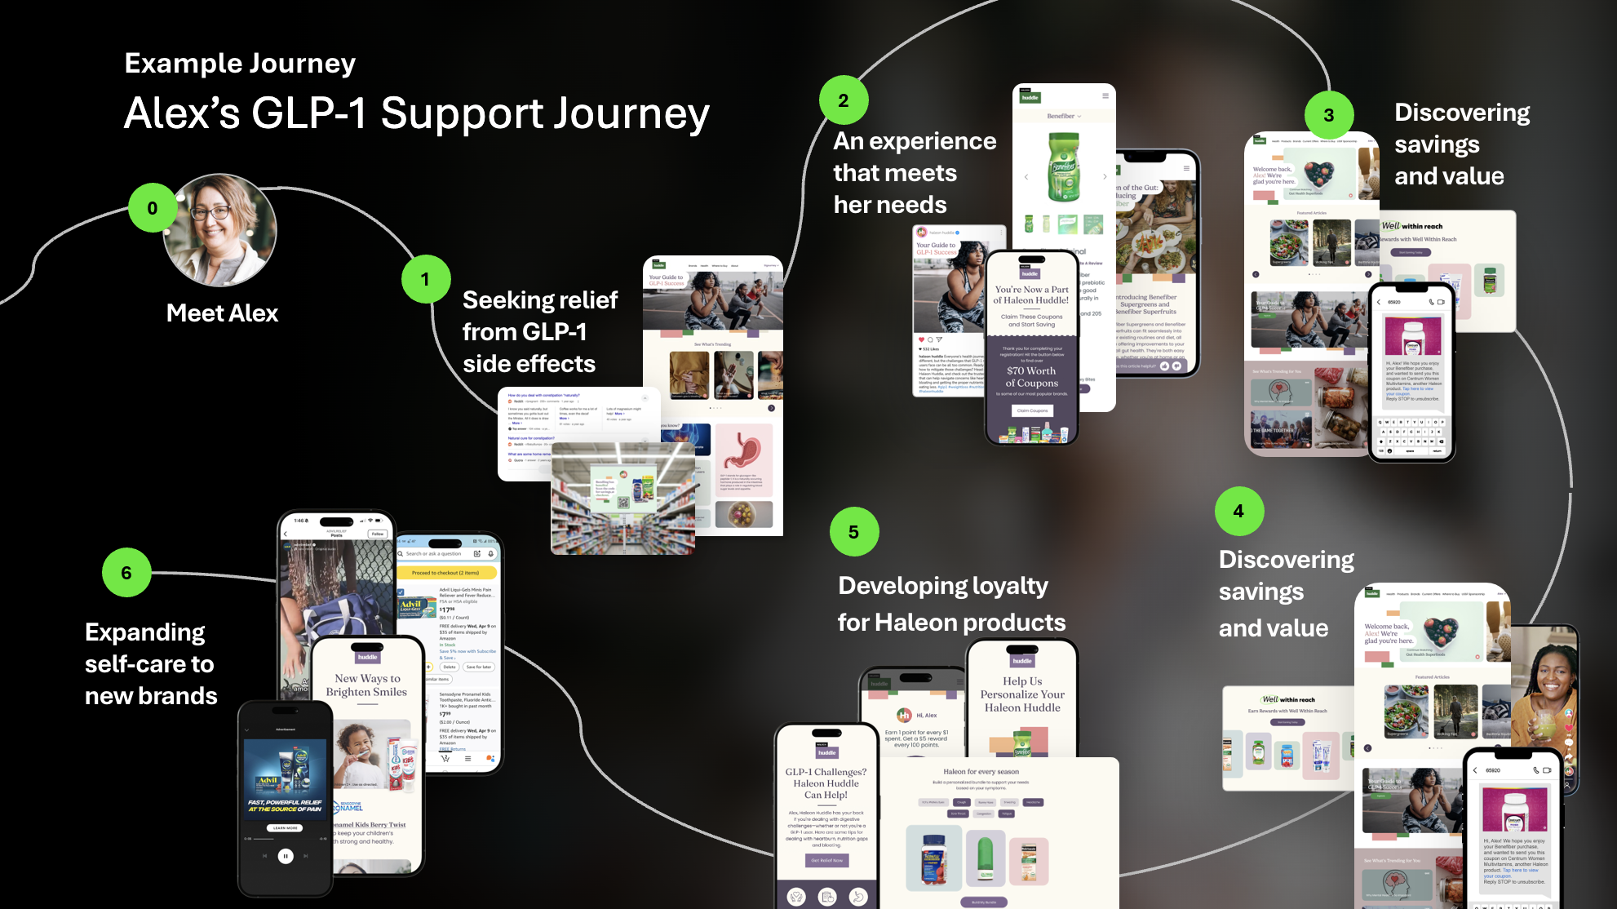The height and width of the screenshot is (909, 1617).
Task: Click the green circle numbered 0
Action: coord(153,208)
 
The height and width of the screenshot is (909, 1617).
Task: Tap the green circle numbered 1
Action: coord(425,279)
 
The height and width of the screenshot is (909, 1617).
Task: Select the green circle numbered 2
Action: coord(844,100)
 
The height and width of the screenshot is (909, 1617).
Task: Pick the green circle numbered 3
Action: coord(1329,115)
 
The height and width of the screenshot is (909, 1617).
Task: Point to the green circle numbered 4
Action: coord(1238,512)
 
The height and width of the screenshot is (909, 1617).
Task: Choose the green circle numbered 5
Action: coord(853,532)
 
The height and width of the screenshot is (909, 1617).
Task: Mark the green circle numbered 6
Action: coord(126,573)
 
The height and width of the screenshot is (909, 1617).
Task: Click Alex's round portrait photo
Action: coord(221,230)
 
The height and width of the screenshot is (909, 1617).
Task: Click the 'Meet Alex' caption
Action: coord(222,313)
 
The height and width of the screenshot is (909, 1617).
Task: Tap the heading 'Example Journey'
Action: coord(240,64)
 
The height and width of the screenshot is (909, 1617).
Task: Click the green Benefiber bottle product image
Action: coord(1063,166)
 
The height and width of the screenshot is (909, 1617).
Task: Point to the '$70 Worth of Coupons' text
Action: coord(1032,377)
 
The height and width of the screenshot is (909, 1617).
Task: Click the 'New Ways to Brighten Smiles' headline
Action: coord(366,685)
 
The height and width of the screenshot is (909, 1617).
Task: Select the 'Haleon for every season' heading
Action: coord(981,772)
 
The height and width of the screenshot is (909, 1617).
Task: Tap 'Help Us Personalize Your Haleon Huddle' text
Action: coord(1022,694)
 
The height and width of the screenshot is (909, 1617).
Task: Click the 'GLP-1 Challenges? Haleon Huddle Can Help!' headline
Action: coord(826,783)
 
